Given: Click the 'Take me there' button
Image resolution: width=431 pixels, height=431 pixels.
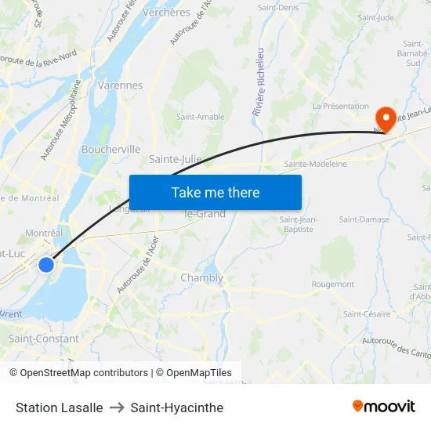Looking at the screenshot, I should (x=215, y=192).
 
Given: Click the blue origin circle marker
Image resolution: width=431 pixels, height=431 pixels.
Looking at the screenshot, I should (x=46, y=265).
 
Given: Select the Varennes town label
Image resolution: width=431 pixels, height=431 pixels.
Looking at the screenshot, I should (x=121, y=85).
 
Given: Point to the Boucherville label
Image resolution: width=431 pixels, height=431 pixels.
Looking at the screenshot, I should (x=110, y=149).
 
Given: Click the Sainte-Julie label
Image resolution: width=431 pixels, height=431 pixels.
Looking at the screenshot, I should (x=175, y=159).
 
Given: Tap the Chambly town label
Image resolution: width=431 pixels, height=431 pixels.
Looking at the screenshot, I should (x=201, y=278).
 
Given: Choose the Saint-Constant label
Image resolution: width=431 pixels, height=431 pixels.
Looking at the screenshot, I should (x=43, y=339).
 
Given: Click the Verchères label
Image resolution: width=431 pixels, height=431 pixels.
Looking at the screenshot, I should (x=165, y=13).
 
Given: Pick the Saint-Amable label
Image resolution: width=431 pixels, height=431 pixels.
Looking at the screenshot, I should (x=200, y=117).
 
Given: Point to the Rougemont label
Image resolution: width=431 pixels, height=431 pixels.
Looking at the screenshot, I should (x=333, y=284).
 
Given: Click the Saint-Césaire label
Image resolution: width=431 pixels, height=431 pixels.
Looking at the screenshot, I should (x=366, y=314).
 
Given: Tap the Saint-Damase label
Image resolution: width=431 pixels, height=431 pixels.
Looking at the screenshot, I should (x=364, y=219).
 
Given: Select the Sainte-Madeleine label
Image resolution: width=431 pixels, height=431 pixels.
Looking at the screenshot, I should (x=315, y=164).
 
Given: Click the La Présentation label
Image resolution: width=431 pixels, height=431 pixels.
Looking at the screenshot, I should (x=340, y=106).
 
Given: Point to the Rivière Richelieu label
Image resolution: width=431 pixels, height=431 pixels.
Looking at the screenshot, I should (x=257, y=82).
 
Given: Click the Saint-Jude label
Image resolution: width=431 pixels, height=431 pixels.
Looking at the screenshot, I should (x=375, y=17).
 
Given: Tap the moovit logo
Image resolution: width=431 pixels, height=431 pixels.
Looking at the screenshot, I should (x=384, y=407).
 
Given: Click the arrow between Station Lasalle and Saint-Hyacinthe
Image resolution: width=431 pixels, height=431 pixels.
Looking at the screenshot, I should (x=117, y=407).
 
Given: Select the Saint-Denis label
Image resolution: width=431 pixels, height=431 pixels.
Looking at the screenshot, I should (x=277, y=8).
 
